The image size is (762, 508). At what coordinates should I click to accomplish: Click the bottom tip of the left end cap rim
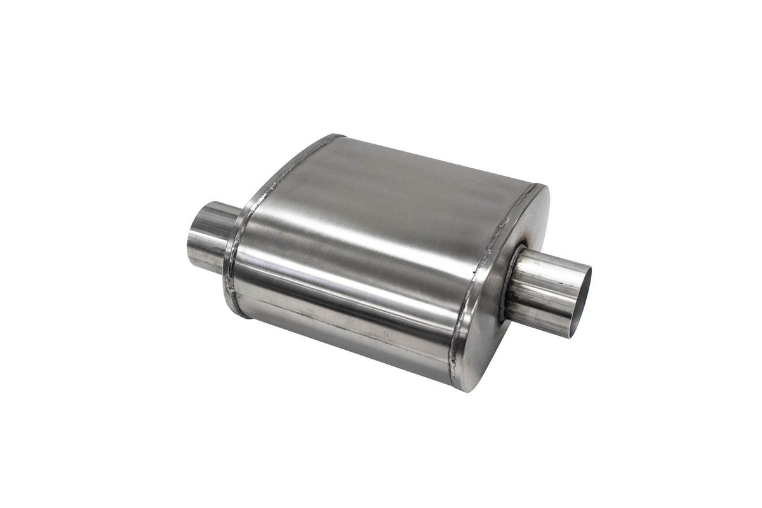point(239,315)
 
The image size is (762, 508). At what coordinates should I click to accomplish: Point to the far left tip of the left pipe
point(189,241)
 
